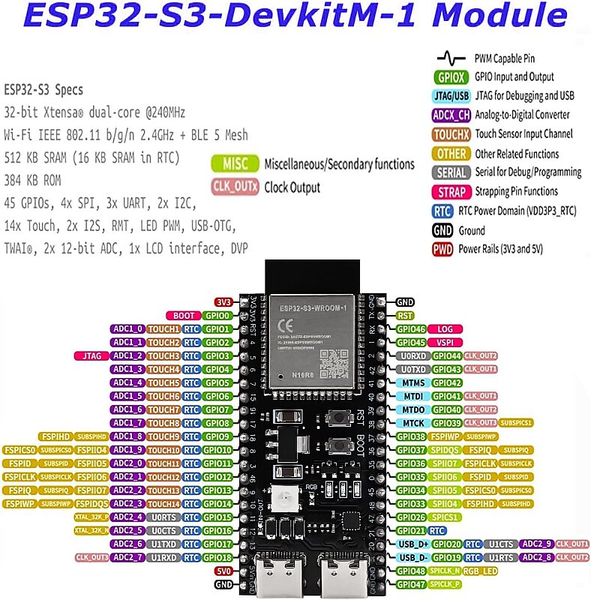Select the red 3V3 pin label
coord(223,301)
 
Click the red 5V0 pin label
coord(223,571)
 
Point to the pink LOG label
coord(445,329)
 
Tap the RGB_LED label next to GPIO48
coord(480,571)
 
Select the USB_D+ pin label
coord(412,544)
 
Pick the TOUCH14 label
coord(163,504)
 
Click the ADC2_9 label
coord(537,544)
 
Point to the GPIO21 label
coord(411,530)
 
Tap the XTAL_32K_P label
coord(91,517)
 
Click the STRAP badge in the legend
coord(452,192)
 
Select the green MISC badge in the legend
coord(235,163)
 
